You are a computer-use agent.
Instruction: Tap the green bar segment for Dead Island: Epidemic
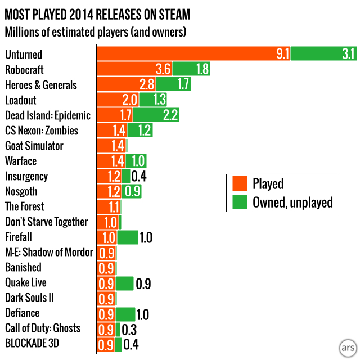[x=156, y=115]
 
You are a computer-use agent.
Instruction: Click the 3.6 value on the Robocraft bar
[x=163, y=70]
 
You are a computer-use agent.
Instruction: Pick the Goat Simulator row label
[x=34, y=146]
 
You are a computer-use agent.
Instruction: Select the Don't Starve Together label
[x=46, y=222]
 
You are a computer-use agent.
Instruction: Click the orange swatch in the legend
[x=240, y=184]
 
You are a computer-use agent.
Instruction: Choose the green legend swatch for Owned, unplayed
[x=240, y=202]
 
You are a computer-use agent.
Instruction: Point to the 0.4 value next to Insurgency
[x=138, y=176]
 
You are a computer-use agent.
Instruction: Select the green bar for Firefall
[x=128, y=237]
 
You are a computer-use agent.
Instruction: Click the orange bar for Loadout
[x=117, y=100]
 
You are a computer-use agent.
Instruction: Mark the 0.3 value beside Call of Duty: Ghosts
[x=129, y=328]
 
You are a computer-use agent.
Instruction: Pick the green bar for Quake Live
[x=125, y=282]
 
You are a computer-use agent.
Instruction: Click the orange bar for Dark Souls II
[x=106, y=298]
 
